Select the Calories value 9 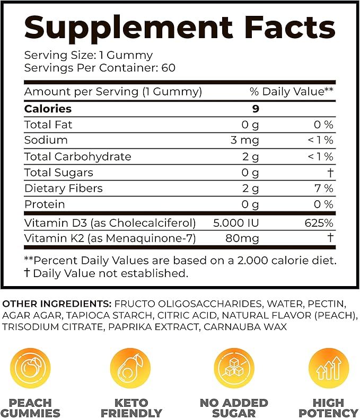256,109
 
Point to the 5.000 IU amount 237,223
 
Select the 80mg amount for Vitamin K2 243,239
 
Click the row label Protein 45,204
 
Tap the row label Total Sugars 58,172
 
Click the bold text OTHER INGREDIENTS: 57,304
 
